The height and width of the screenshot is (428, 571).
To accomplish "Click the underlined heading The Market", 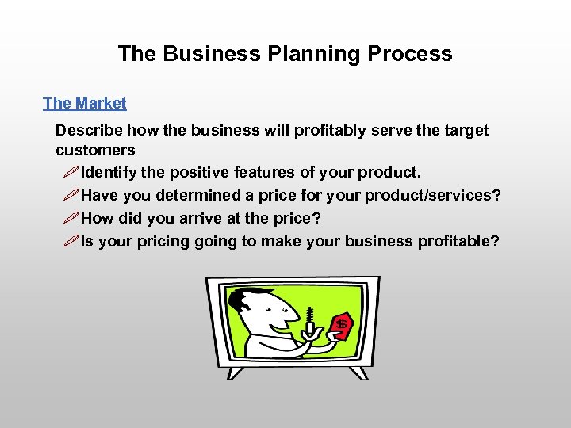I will tap(84, 103).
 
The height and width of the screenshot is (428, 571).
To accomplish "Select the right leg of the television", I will tap(358, 372).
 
